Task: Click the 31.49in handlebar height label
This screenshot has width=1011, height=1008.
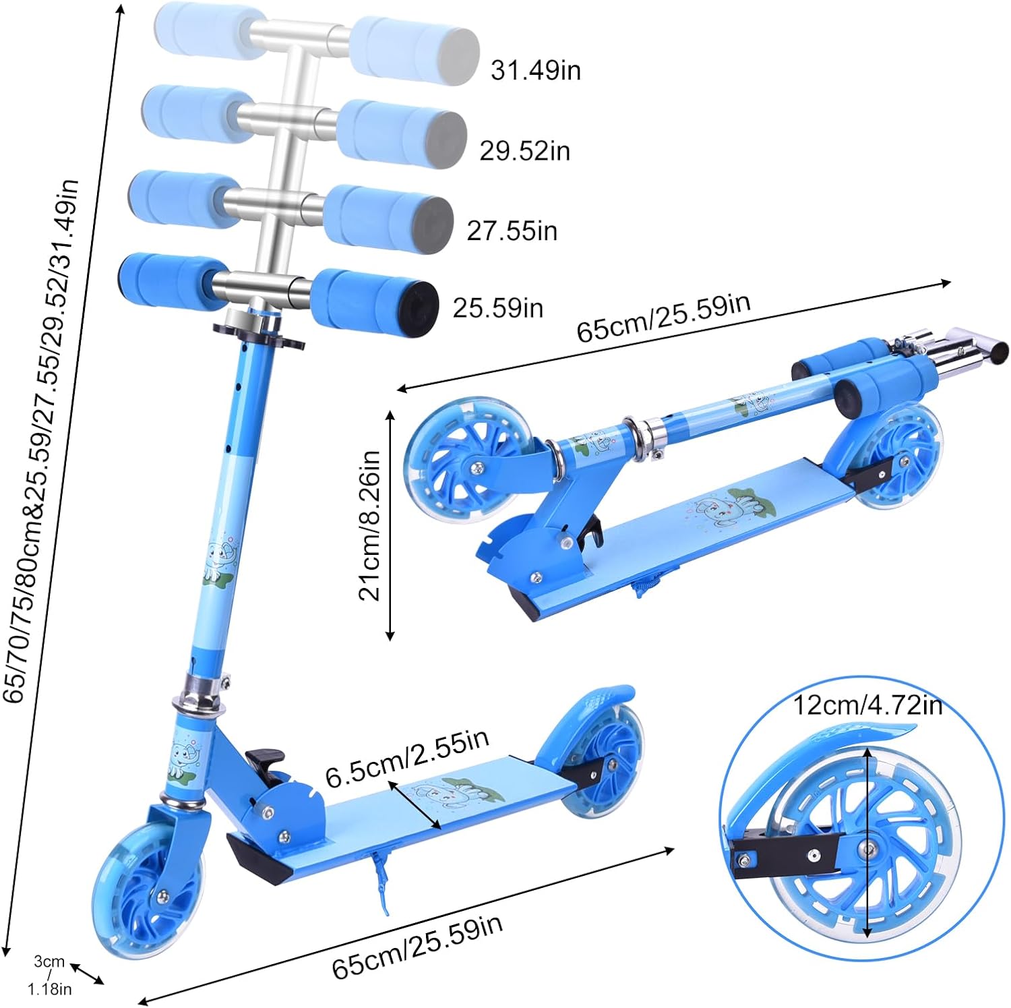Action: (536, 70)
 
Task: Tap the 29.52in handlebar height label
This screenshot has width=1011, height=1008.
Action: (525, 150)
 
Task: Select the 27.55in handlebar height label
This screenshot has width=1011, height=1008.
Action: (512, 231)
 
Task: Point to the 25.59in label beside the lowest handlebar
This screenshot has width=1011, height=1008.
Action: (497, 307)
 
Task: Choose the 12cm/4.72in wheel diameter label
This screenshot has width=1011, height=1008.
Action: (867, 705)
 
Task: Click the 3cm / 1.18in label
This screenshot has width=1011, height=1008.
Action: (51, 975)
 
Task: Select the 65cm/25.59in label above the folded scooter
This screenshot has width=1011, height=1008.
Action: (663, 318)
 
